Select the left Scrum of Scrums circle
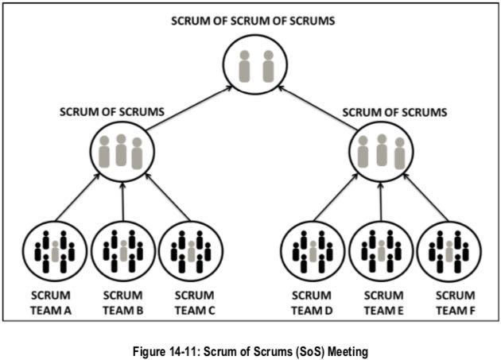(122, 150)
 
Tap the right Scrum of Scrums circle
(382, 150)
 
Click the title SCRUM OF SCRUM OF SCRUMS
(253, 19)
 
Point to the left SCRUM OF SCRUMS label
(112, 112)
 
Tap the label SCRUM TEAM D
(312, 302)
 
